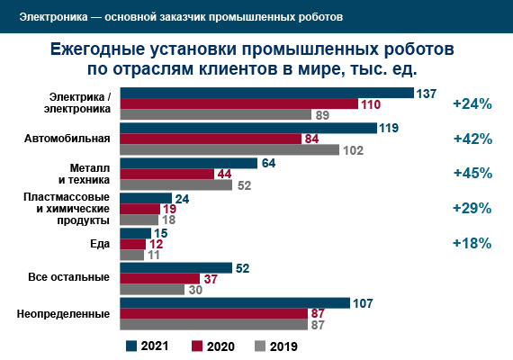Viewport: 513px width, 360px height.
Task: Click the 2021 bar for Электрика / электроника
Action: click(266, 93)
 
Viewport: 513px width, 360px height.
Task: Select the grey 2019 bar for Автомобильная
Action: click(229, 150)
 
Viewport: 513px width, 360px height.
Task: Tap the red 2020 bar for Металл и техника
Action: click(166, 174)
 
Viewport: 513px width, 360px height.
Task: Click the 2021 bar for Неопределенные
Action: click(234, 302)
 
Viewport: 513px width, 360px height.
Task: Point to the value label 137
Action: click(427, 93)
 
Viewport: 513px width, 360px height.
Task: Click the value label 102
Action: click(354, 150)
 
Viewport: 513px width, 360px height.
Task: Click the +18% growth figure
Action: click(472, 243)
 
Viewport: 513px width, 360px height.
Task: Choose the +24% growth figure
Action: click(472, 104)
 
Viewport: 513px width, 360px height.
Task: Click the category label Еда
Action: click(102, 244)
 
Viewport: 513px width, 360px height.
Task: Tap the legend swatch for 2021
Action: click(131, 346)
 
